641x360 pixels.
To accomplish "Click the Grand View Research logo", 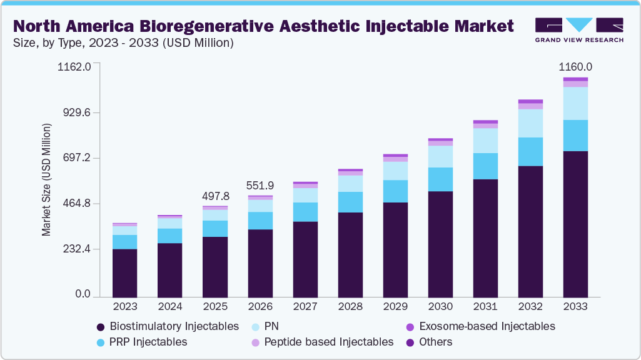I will click(x=578, y=29).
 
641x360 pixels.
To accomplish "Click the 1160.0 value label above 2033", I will click(x=575, y=67).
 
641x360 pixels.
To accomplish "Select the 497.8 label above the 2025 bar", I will click(x=215, y=196).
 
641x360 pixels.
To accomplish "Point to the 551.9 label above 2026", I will click(x=260, y=186).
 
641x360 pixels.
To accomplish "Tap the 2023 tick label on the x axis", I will click(x=125, y=307).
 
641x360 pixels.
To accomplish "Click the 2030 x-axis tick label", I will click(x=440, y=307).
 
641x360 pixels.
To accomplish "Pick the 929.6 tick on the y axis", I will click(x=76, y=112).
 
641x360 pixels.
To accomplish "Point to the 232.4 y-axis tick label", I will click(x=76, y=249).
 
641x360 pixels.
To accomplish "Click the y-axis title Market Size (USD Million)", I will click(x=46, y=180).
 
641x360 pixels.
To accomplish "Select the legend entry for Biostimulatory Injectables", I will click(x=168, y=326).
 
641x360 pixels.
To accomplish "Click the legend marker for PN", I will click(x=256, y=327).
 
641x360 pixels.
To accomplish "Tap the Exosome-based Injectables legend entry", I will click(x=480, y=326).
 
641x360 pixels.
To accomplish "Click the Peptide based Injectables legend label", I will click(x=328, y=342).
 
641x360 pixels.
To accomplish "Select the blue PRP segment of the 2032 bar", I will click(x=530, y=152).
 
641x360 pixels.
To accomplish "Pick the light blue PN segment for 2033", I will click(x=575, y=103).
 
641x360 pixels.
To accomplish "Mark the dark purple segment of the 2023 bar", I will click(x=125, y=272).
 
